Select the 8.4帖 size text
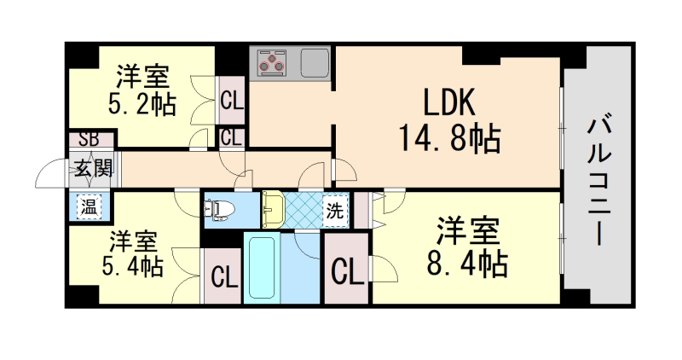pos(466,262)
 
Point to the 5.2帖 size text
pos(142,104)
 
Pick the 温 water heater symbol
pos(88,206)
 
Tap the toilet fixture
pos(220,208)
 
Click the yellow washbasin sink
pos(273,207)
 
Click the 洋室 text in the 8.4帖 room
pos(466,229)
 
